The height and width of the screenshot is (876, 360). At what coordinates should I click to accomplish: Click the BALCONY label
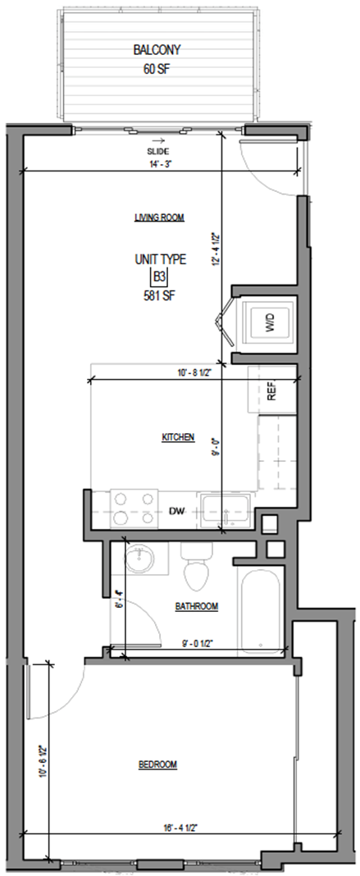tap(157, 50)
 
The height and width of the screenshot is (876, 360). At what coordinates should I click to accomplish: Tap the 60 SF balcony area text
tap(157, 70)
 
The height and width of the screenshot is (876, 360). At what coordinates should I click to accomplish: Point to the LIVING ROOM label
tap(159, 218)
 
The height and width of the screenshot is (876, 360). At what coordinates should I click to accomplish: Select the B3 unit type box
tap(160, 277)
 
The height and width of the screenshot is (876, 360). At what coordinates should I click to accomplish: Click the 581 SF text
tap(160, 295)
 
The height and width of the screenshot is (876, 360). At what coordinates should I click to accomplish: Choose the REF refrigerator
tap(271, 390)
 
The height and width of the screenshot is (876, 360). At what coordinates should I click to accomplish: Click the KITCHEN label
tap(178, 437)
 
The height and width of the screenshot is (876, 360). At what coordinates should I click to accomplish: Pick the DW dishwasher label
tap(176, 511)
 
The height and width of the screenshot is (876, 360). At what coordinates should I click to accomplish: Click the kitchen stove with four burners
tap(134, 509)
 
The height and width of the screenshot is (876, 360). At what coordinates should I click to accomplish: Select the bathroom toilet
tap(197, 565)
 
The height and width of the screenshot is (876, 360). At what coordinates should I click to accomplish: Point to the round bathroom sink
tap(139, 559)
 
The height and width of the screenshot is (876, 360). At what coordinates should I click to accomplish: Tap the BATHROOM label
tap(197, 606)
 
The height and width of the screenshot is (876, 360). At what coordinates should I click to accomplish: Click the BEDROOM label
tap(158, 764)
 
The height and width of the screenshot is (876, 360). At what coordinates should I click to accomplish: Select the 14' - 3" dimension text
tap(160, 165)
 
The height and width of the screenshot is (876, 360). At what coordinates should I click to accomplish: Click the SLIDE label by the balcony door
tap(158, 152)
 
